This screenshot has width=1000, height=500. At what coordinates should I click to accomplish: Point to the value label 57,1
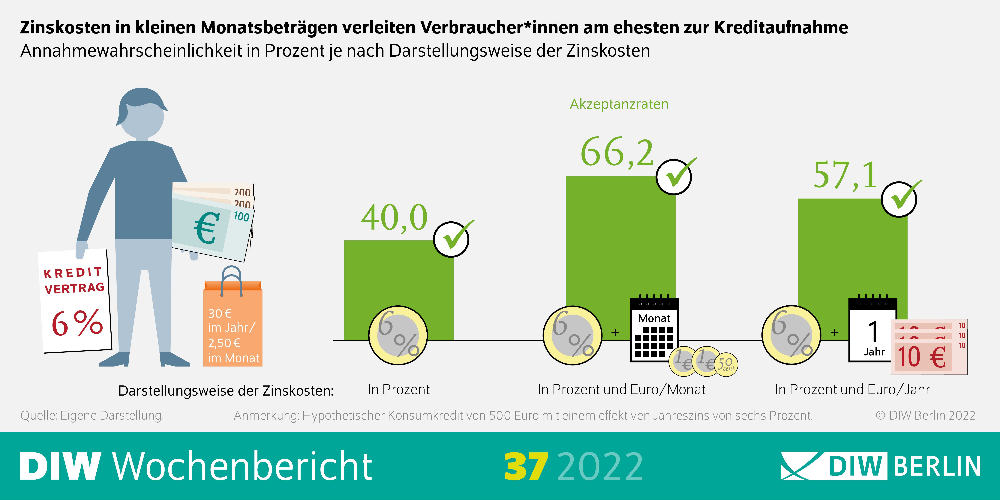(x=845, y=175)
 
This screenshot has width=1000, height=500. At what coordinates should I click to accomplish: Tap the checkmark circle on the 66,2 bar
(x=674, y=177)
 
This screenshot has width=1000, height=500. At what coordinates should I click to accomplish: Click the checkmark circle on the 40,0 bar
(x=451, y=240)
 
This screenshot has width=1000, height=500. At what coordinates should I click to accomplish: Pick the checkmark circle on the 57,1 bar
(x=899, y=199)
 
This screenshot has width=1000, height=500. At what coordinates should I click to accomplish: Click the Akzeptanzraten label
(x=619, y=104)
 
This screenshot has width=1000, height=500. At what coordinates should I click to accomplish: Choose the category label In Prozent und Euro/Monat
(x=622, y=389)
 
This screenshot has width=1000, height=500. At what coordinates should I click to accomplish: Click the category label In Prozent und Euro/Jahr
(x=852, y=389)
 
